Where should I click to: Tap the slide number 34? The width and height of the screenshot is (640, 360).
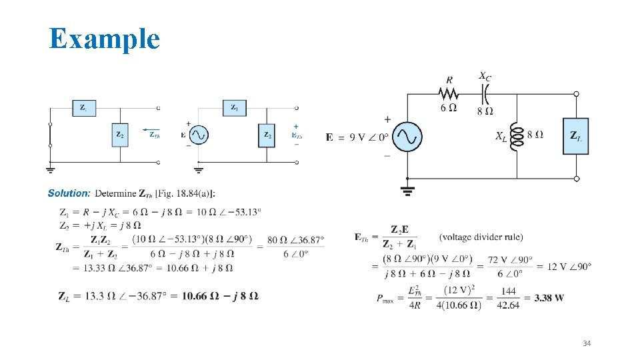point(587,343)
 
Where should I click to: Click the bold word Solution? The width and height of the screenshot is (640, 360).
point(69,193)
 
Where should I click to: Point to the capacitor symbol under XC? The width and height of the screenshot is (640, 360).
point(485,92)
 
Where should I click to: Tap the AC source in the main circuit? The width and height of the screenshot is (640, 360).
point(407,136)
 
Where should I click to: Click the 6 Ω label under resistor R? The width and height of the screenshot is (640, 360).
point(449,109)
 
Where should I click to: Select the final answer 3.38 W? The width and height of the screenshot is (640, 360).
point(549,297)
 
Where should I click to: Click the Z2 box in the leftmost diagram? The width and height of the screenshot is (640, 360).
point(121,135)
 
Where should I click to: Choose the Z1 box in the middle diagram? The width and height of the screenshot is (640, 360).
point(235,107)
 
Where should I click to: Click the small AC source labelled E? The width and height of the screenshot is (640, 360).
point(199,135)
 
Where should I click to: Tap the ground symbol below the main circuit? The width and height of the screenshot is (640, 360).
point(407,191)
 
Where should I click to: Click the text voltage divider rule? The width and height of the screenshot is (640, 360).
point(481,237)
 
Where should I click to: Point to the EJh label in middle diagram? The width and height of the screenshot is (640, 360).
point(296,135)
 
